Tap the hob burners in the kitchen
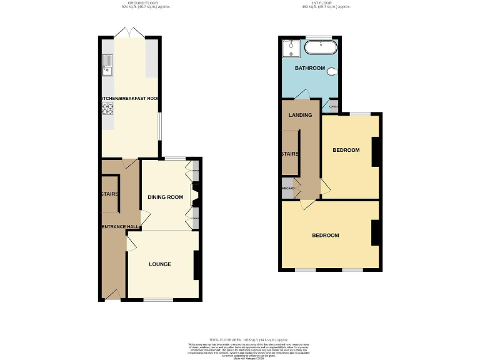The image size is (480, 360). pos(106,109)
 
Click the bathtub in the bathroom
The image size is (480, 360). pos(321,47)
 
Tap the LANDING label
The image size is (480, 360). pos(300,115)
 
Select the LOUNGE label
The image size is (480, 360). pos(160,264)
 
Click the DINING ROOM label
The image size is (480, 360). pos(165,197)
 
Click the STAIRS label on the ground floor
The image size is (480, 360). pos(109,194)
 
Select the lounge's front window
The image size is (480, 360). pos(158,300)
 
